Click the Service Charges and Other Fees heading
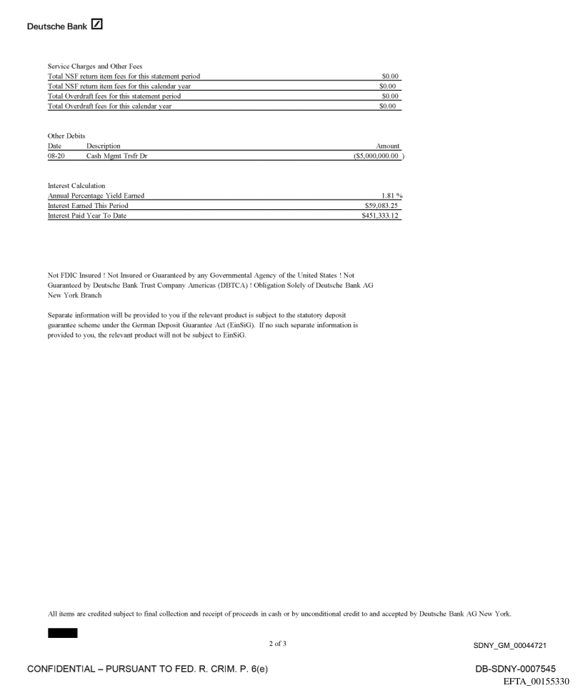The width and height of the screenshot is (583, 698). pyautogui.click(x=95, y=67)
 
